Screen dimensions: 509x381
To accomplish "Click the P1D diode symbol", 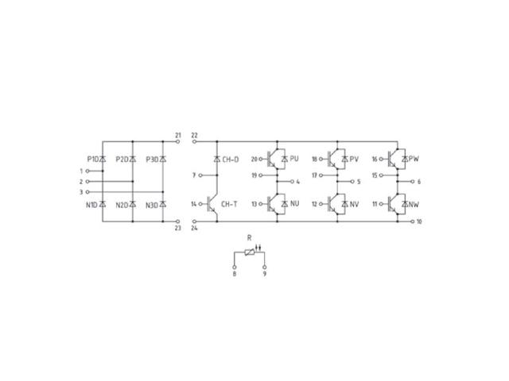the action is coord(103,159).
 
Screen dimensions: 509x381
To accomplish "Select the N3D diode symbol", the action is coord(163,205).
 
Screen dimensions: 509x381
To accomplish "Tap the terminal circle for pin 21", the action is coord(177,141).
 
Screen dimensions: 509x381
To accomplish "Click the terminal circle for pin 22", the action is coord(194,141).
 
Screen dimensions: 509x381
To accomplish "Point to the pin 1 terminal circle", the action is coord(87,171).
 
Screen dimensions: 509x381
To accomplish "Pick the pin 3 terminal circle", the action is coord(87,192).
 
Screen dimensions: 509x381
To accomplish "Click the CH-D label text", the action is coord(231,160).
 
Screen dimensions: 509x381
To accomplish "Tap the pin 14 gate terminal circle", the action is coord(200,204).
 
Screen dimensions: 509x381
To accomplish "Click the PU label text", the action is coord(294,159).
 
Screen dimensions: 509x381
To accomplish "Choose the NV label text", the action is coord(354,205).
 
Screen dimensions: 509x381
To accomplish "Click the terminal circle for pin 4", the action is coord(292,182).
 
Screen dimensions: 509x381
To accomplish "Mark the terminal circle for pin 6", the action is coord(413,182).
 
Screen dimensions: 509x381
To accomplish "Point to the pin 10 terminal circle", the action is coord(413,221).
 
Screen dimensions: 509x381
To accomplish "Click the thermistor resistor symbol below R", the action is coord(250,252).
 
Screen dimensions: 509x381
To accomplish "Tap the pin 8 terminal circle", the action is coord(235,267).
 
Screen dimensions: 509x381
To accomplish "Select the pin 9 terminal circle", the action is coord(265,267).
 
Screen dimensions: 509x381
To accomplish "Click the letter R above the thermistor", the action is coord(249,238).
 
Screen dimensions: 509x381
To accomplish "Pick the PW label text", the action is coord(414,159).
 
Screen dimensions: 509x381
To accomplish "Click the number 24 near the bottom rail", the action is coord(194,229).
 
